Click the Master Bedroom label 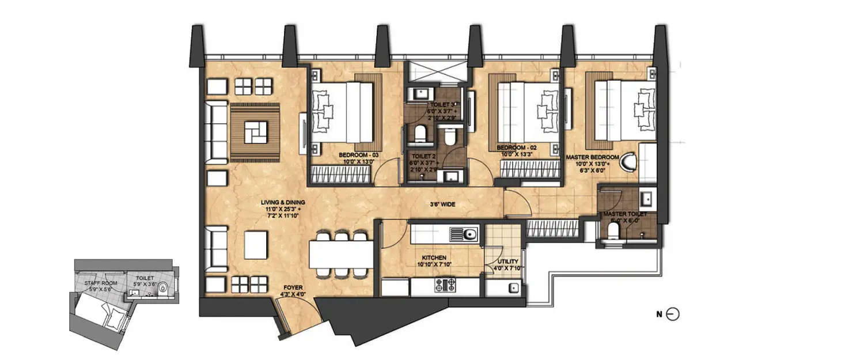point(592,157)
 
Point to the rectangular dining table point(341,253)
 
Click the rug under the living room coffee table point(255,131)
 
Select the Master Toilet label point(625,214)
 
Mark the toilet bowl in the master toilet point(613,232)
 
